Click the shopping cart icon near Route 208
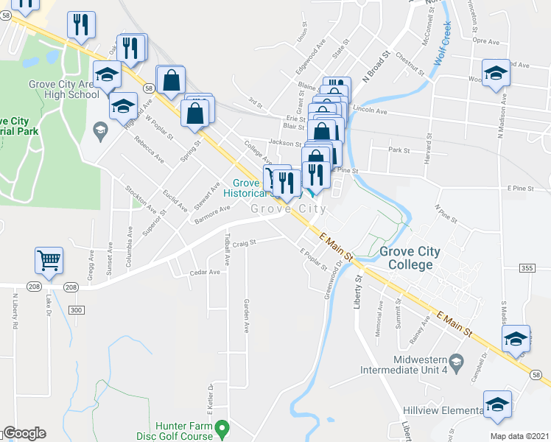(49, 260)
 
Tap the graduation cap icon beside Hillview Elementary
(497, 404)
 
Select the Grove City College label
(410, 258)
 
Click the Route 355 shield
(526, 267)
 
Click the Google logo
(24, 433)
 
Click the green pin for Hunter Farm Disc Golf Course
(227, 427)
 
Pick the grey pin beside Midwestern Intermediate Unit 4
(457, 360)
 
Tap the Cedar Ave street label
(205, 272)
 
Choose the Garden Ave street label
(247, 315)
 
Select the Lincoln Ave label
(370, 109)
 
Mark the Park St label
(399, 150)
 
